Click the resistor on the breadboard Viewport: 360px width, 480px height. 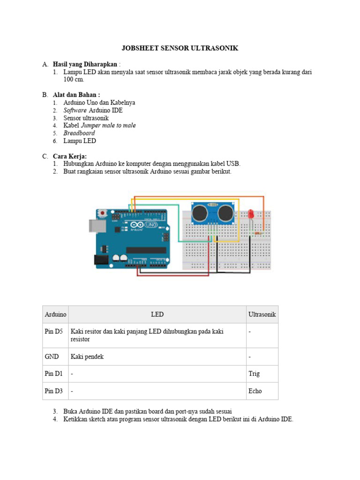(x=257, y=231)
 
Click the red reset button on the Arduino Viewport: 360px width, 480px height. (x=102, y=213)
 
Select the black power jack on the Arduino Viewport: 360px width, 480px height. (x=101, y=260)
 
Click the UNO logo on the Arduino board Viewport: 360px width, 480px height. (x=151, y=225)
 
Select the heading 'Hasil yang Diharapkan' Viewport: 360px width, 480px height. (x=85, y=64)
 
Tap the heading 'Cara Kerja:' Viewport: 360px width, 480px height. (x=70, y=156)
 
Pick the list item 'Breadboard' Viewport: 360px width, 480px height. (x=79, y=133)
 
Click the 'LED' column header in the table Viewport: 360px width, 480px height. (x=157, y=315)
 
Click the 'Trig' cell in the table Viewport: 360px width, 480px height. (x=254, y=374)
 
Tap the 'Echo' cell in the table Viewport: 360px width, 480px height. (x=255, y=391)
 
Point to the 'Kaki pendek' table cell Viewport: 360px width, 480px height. (x=87, y=357)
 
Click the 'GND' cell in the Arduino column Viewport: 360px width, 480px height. (x=52, y=357)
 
